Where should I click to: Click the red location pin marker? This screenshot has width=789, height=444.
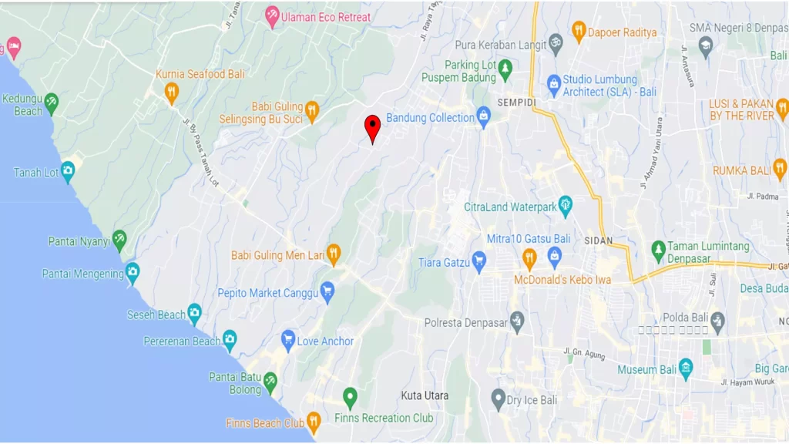[x=372, y=128]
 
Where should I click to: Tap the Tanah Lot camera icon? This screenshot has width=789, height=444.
[x=68, y=172]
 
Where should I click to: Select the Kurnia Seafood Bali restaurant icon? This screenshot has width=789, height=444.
[x=171, y=92]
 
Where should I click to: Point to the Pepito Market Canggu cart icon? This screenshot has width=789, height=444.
[x=327, y=292]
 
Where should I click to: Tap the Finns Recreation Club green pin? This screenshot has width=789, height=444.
[x=350, y=398]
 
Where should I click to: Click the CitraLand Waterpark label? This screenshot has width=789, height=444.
[x=509, y=207]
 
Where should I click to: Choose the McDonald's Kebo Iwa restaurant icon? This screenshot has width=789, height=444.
[x=529, y=258]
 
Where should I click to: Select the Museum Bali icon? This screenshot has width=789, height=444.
[x=686, y=368]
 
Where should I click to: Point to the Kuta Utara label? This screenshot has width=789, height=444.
[x=425, y=395]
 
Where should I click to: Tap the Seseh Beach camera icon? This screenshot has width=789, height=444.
[x=194, y=313]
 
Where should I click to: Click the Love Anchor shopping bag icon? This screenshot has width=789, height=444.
[x=288, y=340]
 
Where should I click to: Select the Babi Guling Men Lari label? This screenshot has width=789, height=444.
[x=277, y=255]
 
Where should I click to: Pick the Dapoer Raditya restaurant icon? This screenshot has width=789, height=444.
[x=579, y=31]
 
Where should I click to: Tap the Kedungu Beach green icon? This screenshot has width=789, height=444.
[x=51, y=102]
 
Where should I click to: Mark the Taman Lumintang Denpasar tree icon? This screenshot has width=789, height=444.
[x=658, y=250]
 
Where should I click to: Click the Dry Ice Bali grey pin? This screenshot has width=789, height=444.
[x=499, y=399]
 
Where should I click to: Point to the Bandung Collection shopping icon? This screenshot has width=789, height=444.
[x=484, y=116]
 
